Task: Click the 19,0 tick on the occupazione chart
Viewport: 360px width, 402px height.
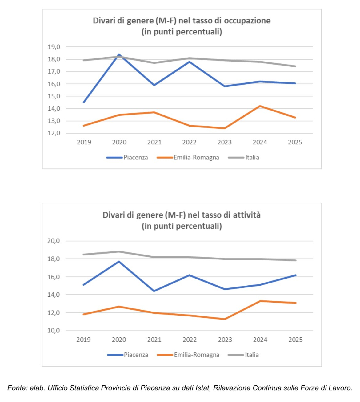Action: point(54,47)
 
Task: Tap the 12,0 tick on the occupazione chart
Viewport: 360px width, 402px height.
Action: point(54,133)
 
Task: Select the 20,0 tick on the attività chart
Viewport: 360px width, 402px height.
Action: point(54,241)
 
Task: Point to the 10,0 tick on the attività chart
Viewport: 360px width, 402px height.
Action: point(54,331)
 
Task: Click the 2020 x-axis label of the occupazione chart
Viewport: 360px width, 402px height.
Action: point(119,142)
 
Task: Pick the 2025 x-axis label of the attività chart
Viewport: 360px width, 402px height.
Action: point(295,340)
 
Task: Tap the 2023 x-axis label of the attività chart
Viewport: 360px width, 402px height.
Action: point(225,340)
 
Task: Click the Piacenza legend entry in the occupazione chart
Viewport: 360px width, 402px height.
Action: point(135,158)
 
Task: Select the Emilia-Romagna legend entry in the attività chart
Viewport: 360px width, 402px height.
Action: point(196,355)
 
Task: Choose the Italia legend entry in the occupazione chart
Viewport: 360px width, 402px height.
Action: point(252,158)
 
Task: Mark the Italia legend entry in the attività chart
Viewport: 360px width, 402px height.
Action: point(252,355)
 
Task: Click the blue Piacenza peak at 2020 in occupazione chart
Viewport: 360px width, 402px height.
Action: point(119,55)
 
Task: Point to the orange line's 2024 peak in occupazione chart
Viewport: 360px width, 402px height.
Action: point(260,106)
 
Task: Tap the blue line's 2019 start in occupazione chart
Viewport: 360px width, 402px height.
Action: point(84,102)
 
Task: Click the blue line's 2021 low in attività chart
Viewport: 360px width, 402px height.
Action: point(154,291)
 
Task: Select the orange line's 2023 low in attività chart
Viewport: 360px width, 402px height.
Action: point(225,319)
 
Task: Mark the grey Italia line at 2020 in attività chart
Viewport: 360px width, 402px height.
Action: point(119,251)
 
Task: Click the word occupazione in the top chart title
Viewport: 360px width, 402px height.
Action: point(247,21)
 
